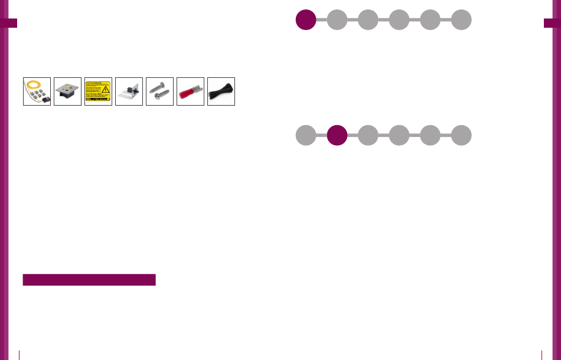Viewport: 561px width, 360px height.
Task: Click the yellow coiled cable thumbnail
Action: coord(37,91)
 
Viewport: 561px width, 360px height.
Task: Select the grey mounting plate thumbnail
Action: coord(67,91)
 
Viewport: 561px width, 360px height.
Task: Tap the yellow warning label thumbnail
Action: coord(98,91)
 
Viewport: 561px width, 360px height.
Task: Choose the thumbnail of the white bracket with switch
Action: coord(129,91)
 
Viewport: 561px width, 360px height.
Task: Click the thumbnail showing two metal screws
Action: coord(159,91)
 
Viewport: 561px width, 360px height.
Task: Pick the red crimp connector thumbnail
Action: coord(190,91)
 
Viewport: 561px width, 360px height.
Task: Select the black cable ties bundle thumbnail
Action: coord(221,91)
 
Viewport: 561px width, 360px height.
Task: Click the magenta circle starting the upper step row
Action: coord(305,19)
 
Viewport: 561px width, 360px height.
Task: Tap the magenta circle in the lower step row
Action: coord(337,135)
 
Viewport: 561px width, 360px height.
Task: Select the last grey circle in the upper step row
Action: coord(461,19)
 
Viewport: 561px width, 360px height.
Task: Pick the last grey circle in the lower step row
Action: coord(461,135)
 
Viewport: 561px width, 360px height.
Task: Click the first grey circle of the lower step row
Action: coord(305,135)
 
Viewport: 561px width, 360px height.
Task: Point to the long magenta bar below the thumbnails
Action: coord(89,280)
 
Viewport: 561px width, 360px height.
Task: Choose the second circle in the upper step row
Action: coord(337,19)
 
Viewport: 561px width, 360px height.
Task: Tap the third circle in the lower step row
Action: coord(368,135)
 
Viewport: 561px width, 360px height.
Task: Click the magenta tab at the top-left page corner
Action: coord(9,23)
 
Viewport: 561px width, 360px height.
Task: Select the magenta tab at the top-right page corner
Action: coord(552,23)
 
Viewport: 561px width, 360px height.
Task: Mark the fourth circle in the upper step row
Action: coord(399,19)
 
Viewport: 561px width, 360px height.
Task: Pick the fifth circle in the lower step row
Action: coord(430,135)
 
